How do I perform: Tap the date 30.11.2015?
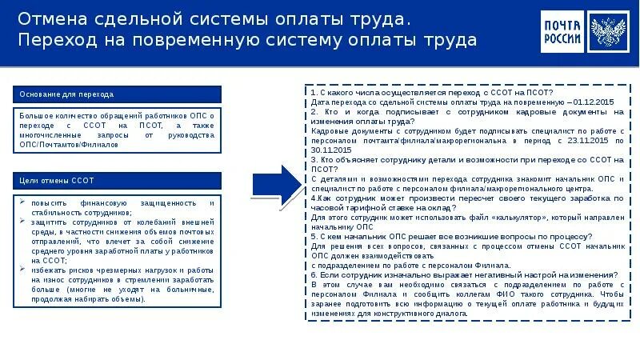[x=330, y=149]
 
